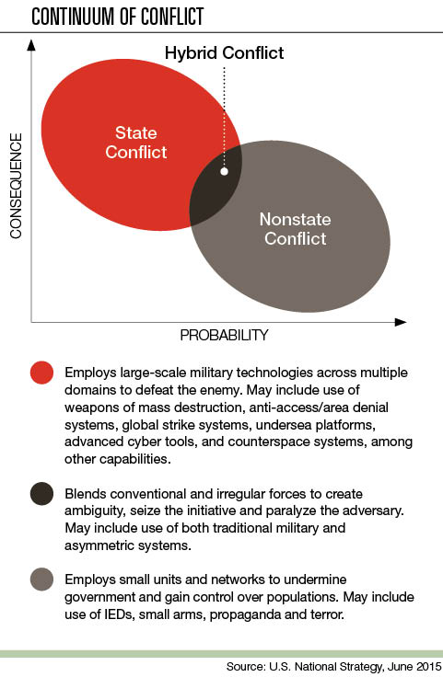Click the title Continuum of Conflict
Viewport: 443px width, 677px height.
(x=118, y=17)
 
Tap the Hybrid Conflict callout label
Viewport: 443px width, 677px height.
(x=225, y=53)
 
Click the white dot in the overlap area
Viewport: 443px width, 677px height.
(x=224, y=171)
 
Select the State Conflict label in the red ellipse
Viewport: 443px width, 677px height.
(x=136, y=143)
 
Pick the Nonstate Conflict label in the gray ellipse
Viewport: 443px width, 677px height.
(x=296, y=229)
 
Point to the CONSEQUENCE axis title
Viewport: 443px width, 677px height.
(x=16, y=186)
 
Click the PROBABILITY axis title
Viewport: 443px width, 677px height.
(x=224, y=335)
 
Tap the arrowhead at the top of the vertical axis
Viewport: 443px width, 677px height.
(x=31, y=45)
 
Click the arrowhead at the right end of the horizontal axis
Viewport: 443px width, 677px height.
(x=401, y=322)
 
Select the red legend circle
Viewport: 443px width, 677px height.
(x=42, y=373)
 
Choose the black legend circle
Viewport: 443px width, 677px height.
(x=42, y=494)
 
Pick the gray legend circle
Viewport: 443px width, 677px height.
(x=42, y=579)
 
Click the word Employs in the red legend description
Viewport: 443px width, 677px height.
(x=90, y=373)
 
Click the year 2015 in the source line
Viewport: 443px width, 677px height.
(x=426, y=667)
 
